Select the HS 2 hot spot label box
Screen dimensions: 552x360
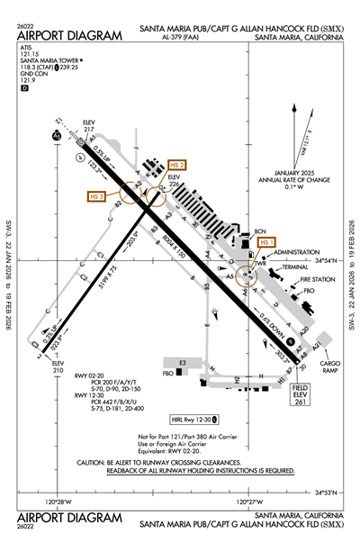(177, 166)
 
